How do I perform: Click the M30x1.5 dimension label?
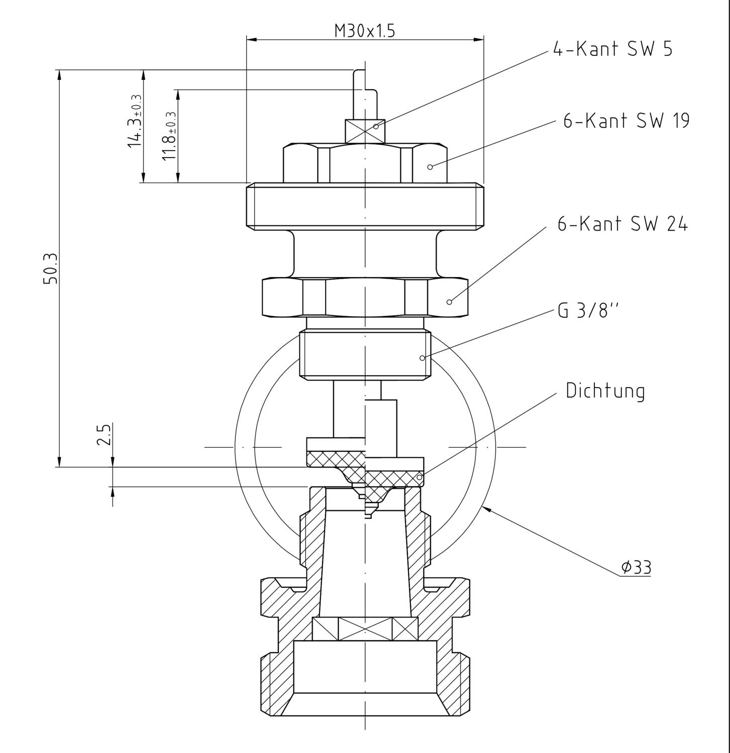365,31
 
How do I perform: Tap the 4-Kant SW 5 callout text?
612,49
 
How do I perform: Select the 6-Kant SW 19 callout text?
626,121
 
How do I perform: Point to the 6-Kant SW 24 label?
622,224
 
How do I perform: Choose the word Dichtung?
605,391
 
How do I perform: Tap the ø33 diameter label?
636,567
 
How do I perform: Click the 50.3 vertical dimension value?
51,269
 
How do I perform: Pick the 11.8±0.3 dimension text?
169,136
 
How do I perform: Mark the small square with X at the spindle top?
365,131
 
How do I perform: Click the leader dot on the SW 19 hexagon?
430,167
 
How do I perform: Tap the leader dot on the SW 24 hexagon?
449,302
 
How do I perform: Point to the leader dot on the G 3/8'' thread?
422,358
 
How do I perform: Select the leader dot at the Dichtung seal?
420,477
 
